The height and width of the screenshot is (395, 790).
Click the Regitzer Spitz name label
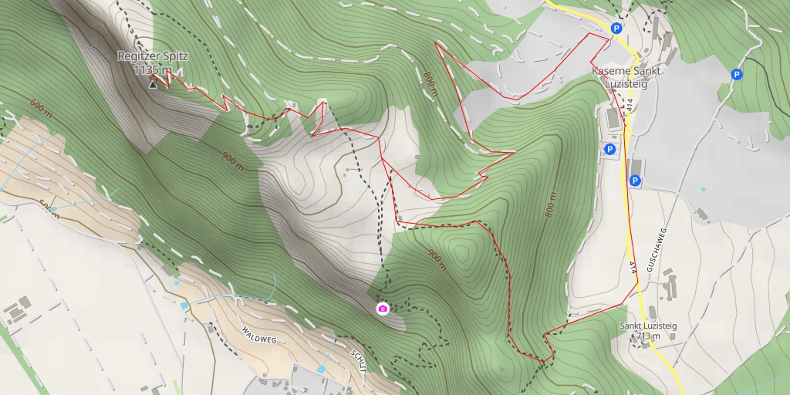pyautogui.click(x=153, y=56)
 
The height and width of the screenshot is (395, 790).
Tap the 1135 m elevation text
pyautogui.click(x=153, y=69)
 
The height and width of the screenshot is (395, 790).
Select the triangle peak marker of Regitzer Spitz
pyautogui.click(x=152, y=83)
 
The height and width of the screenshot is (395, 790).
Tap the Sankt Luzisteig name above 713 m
pyautogui.click(x=648, y=326)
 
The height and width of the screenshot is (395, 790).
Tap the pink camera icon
pyautogui.click(x=382, y=309)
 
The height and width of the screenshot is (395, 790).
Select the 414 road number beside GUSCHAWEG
pyautogui.click(x=633, y=267)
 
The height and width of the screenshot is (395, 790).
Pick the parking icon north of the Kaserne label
pyautogui.click(x=616, y=29)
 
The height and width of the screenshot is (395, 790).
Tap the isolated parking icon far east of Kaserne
pyautogui.click(x=737, y=75)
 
